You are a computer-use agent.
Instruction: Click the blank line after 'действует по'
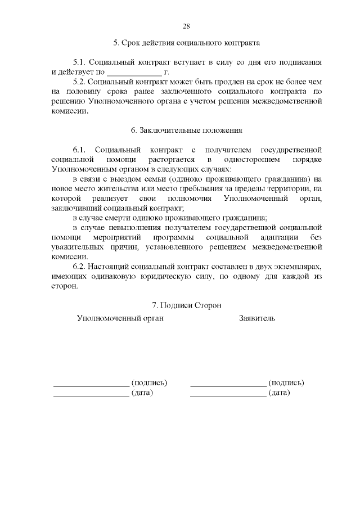point(133,73)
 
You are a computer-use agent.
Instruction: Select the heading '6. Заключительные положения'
point(186,130)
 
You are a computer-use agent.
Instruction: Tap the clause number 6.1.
point(79,150)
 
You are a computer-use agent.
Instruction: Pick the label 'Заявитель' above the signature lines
point(257,318)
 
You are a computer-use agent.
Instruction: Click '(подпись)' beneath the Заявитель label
point(286,382)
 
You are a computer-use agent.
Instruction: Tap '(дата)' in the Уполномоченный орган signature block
point(142,393)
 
